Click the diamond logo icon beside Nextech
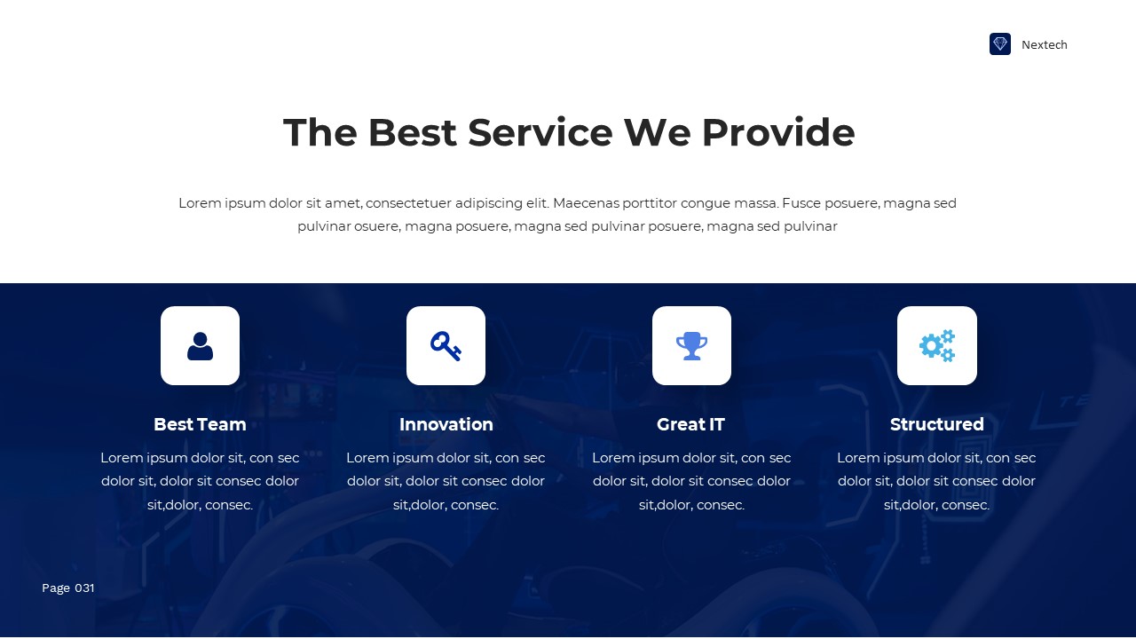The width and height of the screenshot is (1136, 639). coord(1000,44)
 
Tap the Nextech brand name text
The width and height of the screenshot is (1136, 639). coord(1045,45)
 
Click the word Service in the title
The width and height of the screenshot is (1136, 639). coord(540,132)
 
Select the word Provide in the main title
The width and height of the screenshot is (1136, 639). coord(777,132)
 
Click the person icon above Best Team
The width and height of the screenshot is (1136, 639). coord(200,345)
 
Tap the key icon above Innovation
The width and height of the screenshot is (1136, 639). coord(446,345)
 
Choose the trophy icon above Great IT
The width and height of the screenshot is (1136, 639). coord(691,345)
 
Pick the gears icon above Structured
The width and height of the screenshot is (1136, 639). coord(936,345)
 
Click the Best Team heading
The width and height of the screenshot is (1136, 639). coord(200,424)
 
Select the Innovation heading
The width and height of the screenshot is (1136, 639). coord(446,424)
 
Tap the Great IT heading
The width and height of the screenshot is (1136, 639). coord(690,424)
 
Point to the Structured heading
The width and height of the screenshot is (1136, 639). coord(936,424)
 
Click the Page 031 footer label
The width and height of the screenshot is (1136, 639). coord(68,588)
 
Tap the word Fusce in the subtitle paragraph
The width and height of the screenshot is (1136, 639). coord(801,203)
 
